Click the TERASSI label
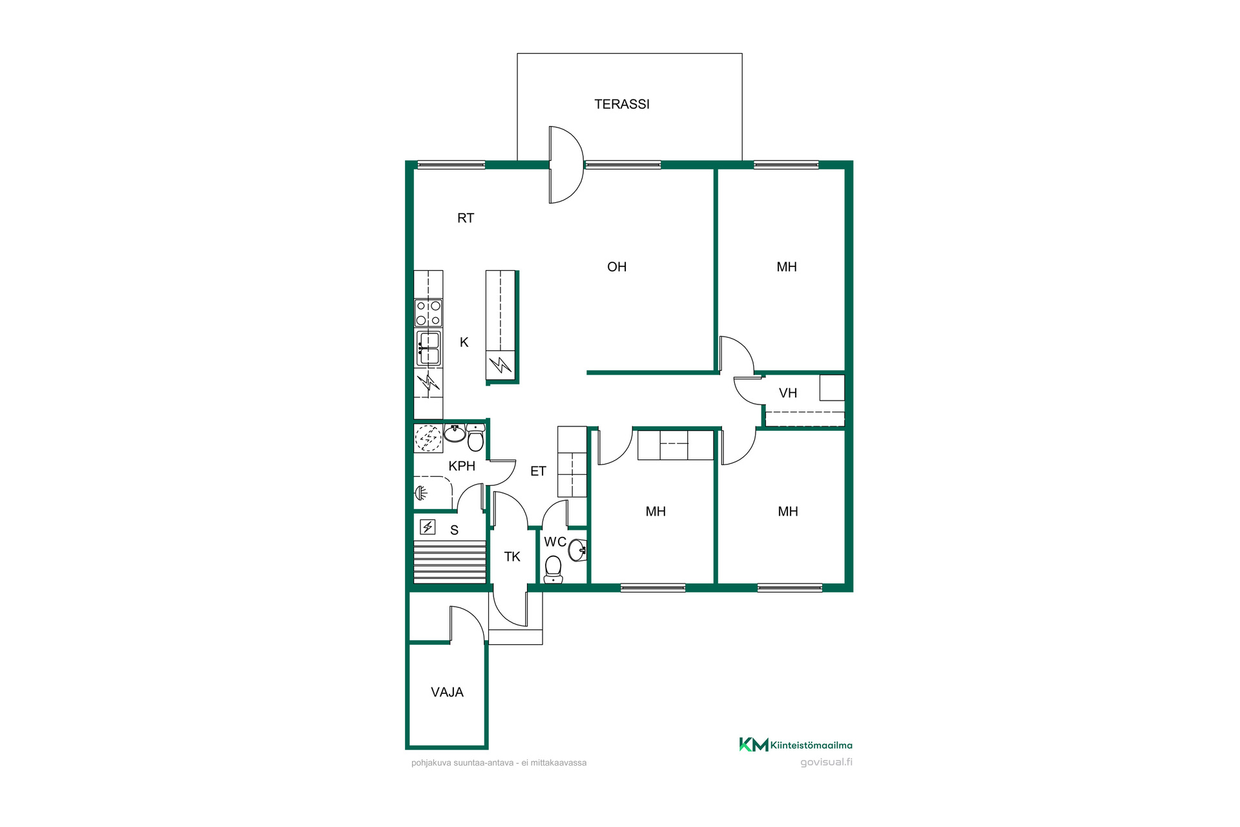pyautogui.click(x=622, y=104)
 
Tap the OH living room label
pyautogui.click(x=617, y=267)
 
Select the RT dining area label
pyautogui.click(x=466, y=218)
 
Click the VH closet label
pyautogui.click(x=788, y=393)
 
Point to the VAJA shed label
pyautogui.click(x=447, y=692)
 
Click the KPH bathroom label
pyautogui.click(x=462, y=466)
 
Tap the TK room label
pyautogui.click(x=512, y=556)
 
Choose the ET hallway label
pyautogui.click(x=538, y=471)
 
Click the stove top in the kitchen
pyautogui.click(x=428, y=313)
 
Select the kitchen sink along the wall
pyautogui.click(x=428, y=348)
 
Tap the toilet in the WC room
pyautogui.click(x=553, y=569)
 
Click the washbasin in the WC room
pyautogui.click(x=578, y=550)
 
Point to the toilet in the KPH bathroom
pyautogui.click(x=475, y=437)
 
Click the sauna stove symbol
pyautogui.click(x=428, y=527)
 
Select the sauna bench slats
pyautogui.click(x=449, y=561)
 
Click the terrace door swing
pyautogui.click(x=566, y=165)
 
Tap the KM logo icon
pyautogui.click(x=754, y=744)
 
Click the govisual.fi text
pyautogui.click(x=826, y=762)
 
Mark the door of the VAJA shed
pyautogui.click(x=467, y=624)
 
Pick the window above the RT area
pyautogui.click(x=451, y=165)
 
